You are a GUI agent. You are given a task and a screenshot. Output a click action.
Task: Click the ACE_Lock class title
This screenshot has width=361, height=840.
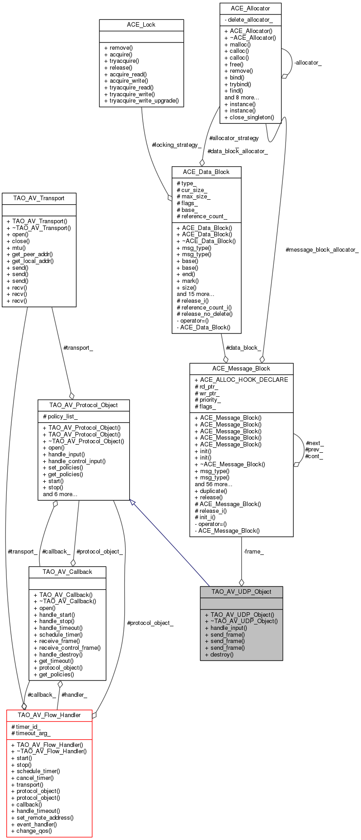tap(141, 25)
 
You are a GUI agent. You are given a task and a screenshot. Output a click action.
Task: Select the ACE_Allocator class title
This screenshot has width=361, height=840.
tap(250, 9)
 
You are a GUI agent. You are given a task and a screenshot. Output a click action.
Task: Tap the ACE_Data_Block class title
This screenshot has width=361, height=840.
tap(206, 172)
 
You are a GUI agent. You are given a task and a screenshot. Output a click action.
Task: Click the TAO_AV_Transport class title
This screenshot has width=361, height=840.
tap(39, 198)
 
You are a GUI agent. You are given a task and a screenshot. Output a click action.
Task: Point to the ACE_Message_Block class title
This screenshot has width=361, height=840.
tap(241, 369)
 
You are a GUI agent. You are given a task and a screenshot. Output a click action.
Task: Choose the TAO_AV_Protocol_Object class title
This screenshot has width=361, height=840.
tap(83, 405)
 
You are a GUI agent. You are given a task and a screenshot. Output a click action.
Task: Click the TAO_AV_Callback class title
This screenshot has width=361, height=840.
tap(67, 572)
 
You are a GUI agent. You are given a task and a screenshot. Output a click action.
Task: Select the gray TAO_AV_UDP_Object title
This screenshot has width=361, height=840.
tap(241, 592)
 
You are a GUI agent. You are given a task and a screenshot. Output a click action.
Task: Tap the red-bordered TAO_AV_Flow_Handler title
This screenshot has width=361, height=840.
tap(49, 715)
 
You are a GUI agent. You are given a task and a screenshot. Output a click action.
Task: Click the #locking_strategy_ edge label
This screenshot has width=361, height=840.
tap(177, 145)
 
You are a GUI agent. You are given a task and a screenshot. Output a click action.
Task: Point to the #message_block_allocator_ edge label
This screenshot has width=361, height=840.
tap(322, 250)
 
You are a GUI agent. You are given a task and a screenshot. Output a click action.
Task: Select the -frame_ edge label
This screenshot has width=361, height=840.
tap(253, 552)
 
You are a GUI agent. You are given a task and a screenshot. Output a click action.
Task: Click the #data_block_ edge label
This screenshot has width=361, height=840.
tap(243, 348)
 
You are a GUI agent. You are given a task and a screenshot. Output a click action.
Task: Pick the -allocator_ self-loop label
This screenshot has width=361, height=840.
tap(308, 63)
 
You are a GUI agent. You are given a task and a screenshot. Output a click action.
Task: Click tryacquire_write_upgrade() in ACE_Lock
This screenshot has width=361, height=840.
tap(141, 101)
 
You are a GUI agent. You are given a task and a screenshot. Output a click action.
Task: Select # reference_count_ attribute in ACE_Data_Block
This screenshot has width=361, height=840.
tap(202, 216)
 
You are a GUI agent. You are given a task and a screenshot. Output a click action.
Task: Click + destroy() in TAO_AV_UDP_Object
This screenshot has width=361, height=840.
tap(219, 654)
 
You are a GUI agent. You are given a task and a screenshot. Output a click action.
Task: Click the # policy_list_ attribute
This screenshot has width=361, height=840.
tap(60, 417)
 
